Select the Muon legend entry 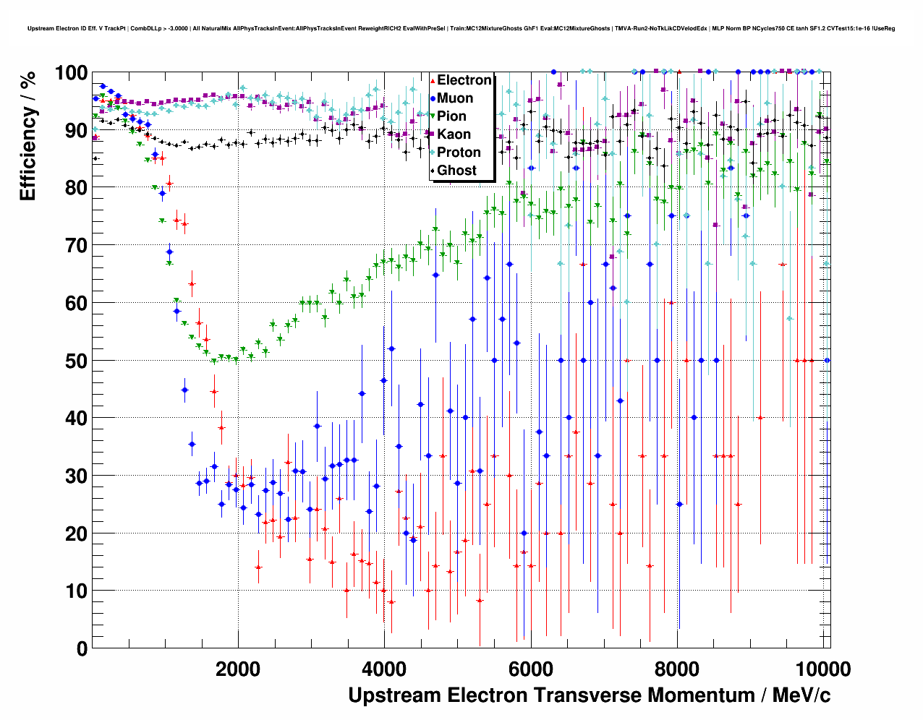tap(455, 98)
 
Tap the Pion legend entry tap(451, 116)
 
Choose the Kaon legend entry tap(454, 134)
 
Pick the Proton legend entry tap(459, 153)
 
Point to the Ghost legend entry tap(456, 171)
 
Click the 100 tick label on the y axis tap(71, 73)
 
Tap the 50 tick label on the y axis tap(76, 361)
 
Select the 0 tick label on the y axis tap(82, 648)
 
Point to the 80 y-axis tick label tap(76, 188)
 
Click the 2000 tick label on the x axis tap(238, 669)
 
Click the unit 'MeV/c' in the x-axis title tap(801, 695)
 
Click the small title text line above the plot tap(461, 28)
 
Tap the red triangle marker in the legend tap(433, 80)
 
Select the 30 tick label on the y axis tap(76, 476)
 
